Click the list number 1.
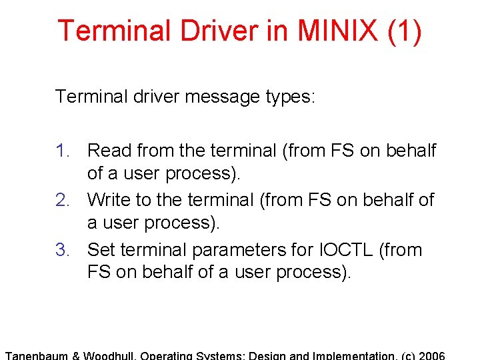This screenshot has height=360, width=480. point(63,151)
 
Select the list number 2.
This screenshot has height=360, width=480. point(63,199)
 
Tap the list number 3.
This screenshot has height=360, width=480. point(63,249)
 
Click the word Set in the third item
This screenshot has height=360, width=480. point(102,249)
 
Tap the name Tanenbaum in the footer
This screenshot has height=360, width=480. point(37,355)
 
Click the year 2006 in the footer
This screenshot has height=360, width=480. point(431,355)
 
